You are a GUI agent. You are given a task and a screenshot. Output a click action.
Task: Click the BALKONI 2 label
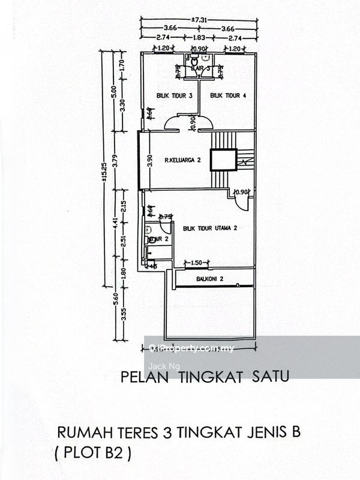click(209, 279)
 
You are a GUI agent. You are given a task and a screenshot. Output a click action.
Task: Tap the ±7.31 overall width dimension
click(198, 20)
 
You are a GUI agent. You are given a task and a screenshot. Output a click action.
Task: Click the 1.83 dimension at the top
click(198, 37)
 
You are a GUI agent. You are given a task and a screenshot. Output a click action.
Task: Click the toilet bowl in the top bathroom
click(194, 61)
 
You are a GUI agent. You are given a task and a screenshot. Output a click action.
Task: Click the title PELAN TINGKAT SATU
click(205, 377)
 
